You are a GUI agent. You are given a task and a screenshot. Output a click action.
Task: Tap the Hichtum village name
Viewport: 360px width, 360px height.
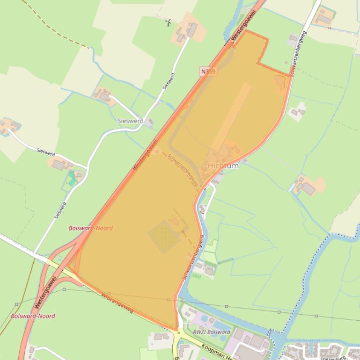click(x=223, y=166)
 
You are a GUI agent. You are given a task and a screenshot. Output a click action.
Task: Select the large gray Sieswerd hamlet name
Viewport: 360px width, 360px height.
click(x=131, y=121)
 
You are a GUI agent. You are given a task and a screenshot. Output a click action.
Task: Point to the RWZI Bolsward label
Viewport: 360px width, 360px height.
click(x=212, y=332)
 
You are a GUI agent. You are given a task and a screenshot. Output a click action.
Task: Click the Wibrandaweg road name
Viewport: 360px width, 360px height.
click(x=117, y=303)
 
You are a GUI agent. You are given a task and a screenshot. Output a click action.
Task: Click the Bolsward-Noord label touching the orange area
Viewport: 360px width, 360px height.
click(x=90, y=228)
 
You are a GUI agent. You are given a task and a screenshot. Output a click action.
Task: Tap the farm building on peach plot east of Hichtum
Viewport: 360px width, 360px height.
click(x=308, y=188)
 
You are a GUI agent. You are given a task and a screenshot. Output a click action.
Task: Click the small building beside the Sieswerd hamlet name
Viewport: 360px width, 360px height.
click(x=150, y=122)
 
